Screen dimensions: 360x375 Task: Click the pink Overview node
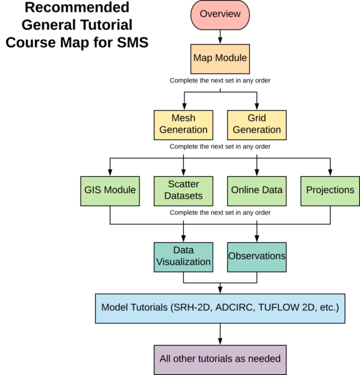[x=220, y=15]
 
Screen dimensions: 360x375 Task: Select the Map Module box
[x=220, y=59]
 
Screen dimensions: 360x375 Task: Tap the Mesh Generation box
[x=183, y=125]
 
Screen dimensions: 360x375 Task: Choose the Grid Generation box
[x=257, y=125]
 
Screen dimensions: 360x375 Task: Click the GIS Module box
[x=110, y=191]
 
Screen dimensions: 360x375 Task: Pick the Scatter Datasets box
[x=183, y=191]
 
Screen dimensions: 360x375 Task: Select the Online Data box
[x=257, y=191]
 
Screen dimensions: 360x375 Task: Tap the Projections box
[x=330, y=191]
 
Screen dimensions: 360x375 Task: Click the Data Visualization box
[x=183, y=257]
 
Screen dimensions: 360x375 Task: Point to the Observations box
[x=257, y=257]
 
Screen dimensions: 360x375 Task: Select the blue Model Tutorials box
[x=220, y=308]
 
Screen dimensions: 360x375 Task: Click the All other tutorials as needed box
[x=220, y=360]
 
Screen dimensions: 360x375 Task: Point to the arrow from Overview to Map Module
[x=220, y=37]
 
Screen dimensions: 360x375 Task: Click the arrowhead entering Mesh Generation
[x=184, y=107]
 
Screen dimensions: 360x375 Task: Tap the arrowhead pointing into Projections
[x=330, y=173]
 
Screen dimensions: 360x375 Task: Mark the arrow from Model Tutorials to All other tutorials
[x=220, y=334]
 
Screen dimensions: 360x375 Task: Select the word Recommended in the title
[x=77, y=7]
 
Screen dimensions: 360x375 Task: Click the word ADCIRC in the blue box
[x=234, y=308]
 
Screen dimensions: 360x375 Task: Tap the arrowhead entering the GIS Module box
[x=110, y=173]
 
